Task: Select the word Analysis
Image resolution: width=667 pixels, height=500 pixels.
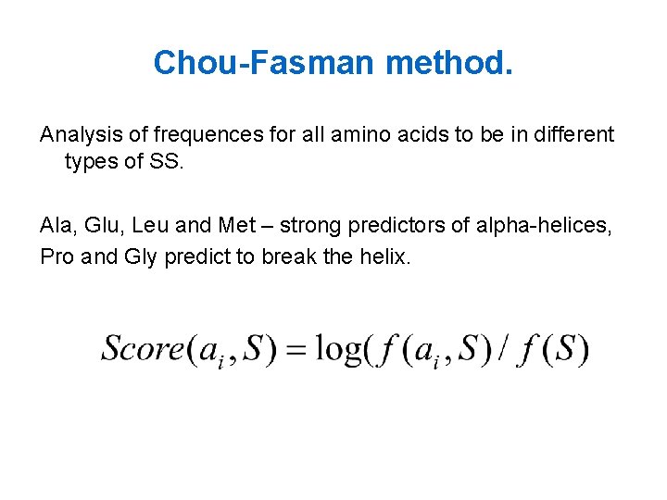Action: coord(77,135)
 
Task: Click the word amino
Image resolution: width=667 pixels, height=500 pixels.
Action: coord(349,135)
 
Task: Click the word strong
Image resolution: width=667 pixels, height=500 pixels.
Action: coord(309,225)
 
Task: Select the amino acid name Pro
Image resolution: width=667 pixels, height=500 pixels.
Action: coord(57,256)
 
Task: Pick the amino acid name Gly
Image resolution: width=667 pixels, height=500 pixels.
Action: coord(141,256)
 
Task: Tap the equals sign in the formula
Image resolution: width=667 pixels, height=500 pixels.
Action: coord(296,349)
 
